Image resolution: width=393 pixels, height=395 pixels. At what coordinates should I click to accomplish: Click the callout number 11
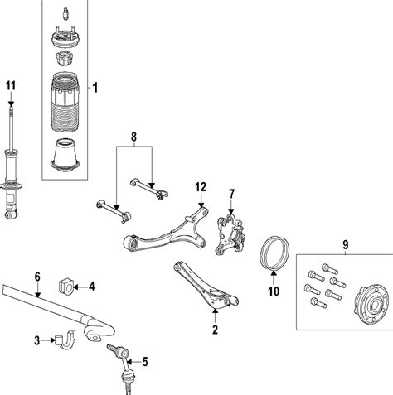pyautogui.click(x=10, y=86)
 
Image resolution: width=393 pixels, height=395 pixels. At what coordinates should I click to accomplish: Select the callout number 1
pyautogui.click(x=95, y=87)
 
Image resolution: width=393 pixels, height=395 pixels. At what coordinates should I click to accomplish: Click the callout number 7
pyautogui.click(x=233, y=194)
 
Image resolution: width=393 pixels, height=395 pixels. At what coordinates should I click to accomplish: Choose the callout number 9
pyautogui.click(x=346, y=244)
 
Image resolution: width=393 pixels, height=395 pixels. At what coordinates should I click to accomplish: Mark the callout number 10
pyautogui.click(x=274, y=291)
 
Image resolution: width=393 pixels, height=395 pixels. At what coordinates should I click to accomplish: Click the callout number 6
pyautogui.click(x=37, y=277)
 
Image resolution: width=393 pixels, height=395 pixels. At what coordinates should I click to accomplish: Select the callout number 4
pyautogui.click(x=92, y=287)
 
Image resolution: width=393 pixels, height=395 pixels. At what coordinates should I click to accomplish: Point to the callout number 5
pyautogui.click(x=145, y=360)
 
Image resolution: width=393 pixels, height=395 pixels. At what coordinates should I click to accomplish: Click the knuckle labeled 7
pyautogui.click(x=226, y=235)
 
